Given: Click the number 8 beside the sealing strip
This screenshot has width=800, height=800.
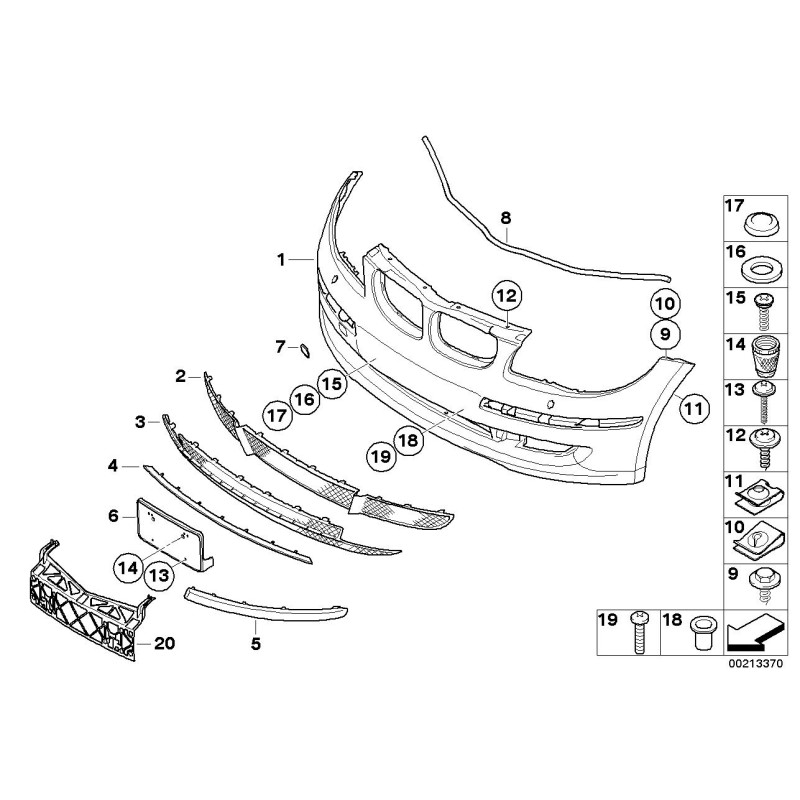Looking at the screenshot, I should coord(505,217).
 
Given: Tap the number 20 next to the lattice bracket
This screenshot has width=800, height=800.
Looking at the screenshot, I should coord(162,644).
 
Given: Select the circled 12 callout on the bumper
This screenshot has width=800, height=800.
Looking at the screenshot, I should coord(506,295).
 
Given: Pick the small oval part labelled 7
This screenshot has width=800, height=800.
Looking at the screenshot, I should coord(303,348).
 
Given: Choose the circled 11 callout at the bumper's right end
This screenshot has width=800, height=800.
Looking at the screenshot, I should coord(692,408).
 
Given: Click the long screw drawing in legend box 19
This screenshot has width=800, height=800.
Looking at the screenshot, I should coord(636,634).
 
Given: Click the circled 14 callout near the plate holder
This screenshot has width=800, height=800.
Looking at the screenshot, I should coord(129,567).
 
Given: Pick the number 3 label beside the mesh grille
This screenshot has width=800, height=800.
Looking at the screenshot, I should coord(141,422).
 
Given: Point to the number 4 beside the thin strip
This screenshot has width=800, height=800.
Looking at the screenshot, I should coord(113,466).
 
